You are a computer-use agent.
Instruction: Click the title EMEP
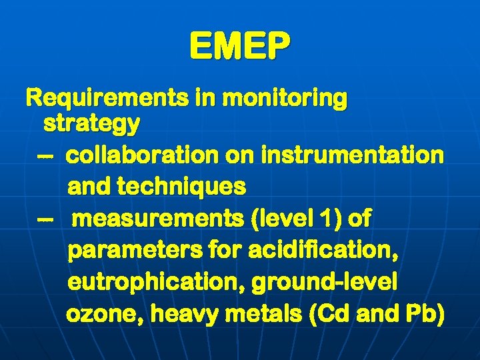coord(240,46)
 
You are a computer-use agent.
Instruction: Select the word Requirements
coord(106,99)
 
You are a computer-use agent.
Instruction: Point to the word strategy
coord(91,123)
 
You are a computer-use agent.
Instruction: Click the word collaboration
coord(142,155)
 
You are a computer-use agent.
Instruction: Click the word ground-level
coord(324,282)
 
